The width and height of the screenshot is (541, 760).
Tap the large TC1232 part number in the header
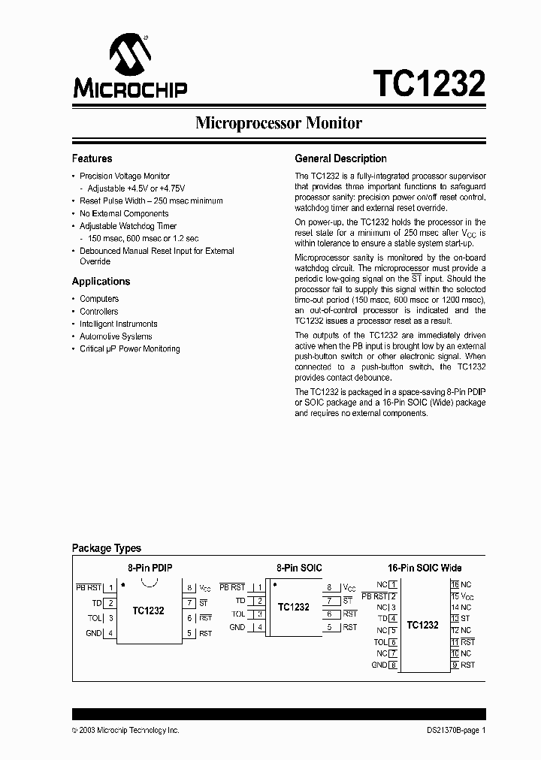(x=429, y=82)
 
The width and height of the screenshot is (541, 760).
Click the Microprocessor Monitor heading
(x=279, y=123)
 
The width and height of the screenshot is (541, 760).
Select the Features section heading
(x=92, y=158)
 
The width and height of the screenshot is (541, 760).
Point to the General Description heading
(x=340, y=158)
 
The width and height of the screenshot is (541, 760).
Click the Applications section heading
(x=101, y=282)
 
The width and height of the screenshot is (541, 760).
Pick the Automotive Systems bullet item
(x=116, y=336)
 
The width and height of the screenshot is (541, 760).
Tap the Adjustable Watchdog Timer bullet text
(x=128, y=226)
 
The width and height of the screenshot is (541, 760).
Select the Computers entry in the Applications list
(x=99, y=299)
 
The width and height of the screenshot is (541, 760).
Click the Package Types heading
(x=106, y=548)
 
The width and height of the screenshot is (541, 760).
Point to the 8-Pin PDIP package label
(x=149, y=568)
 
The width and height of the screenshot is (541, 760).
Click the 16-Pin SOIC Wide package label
(x=425, y=568)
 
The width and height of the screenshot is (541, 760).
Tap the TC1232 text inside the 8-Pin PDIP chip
(x=148, y=611)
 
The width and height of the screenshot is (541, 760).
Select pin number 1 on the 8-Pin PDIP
(x=111, y=587)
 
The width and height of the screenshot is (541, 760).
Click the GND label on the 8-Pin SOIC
(x=237, y=627)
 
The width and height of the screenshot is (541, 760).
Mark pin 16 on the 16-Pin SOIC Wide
(x=455, y=584)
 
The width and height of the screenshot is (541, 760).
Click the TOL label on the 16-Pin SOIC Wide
(x=380, y=642)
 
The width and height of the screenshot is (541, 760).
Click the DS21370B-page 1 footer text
(x=452, y=730)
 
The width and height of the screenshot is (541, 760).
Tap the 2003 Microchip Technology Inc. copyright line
(x=125, y=730)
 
